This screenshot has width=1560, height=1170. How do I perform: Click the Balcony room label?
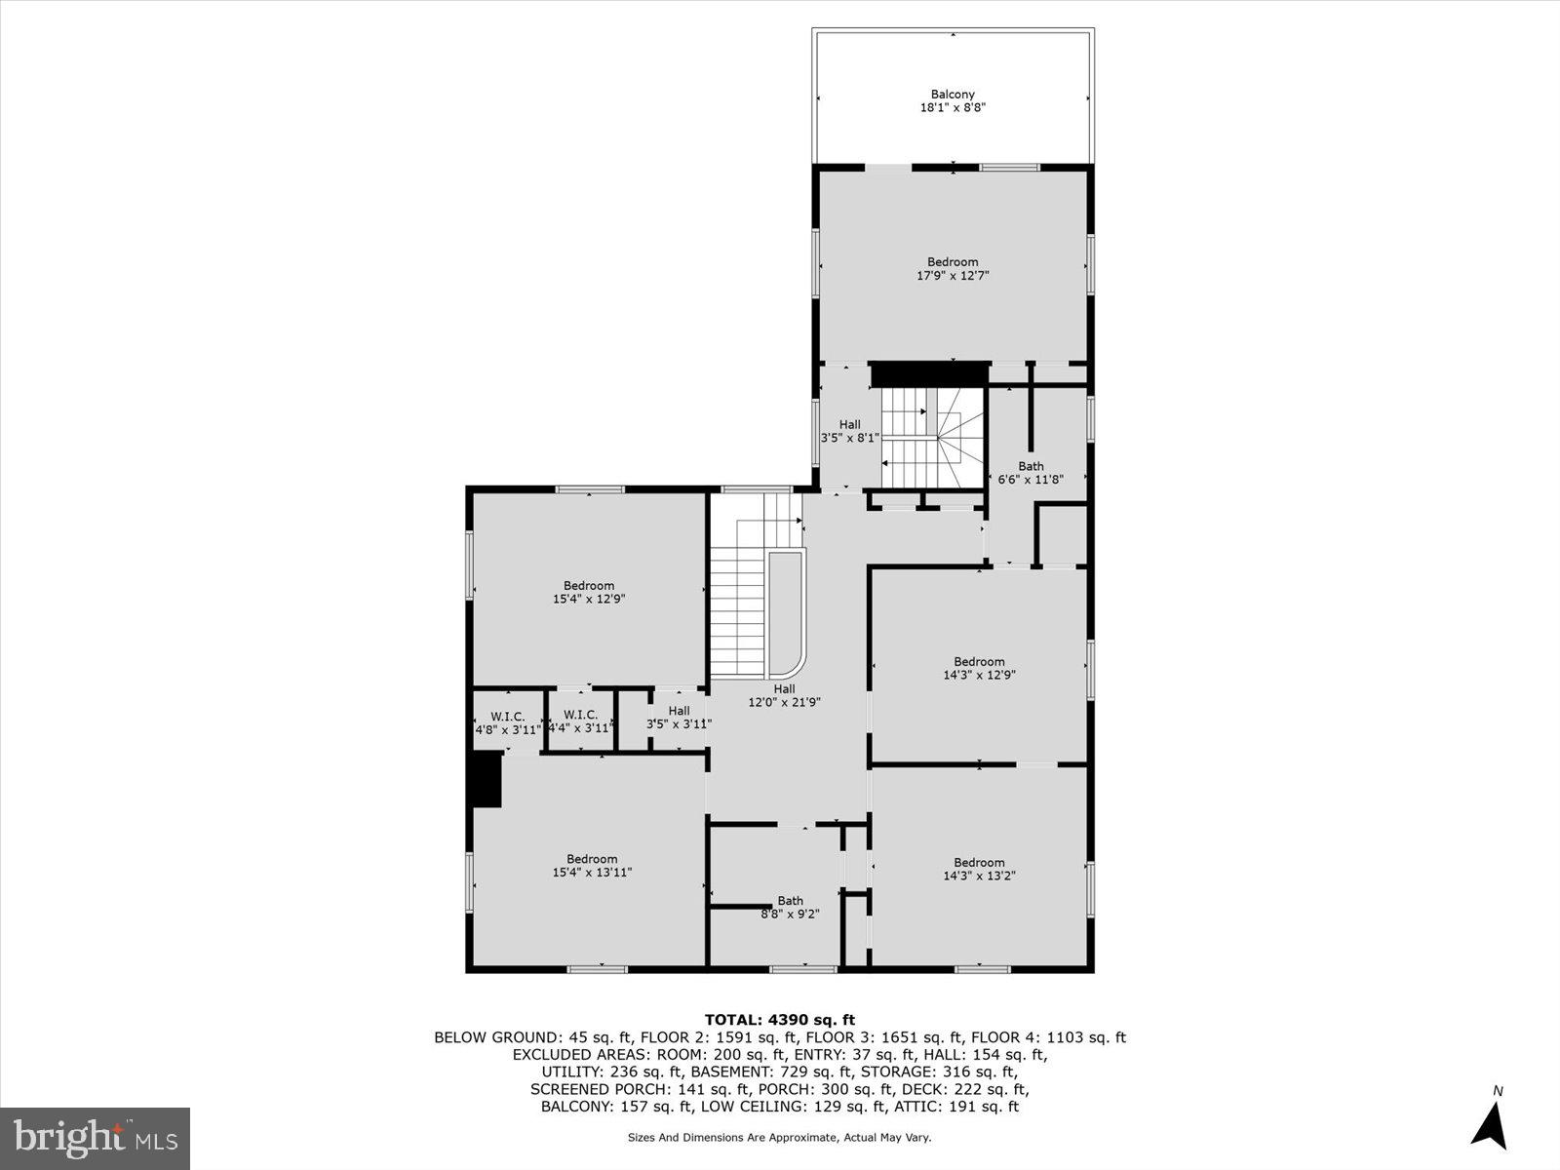pos(953,101)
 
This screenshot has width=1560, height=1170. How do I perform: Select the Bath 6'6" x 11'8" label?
pos(1031,473)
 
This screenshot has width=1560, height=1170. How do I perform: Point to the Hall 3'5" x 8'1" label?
pos(850,432)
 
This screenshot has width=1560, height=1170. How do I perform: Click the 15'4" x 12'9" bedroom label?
pos(589,593)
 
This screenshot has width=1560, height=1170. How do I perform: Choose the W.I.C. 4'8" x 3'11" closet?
pos(507,722)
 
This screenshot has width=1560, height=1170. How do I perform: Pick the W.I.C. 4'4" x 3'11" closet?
pos(580,721)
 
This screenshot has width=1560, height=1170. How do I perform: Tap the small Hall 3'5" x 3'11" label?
pos(679,718)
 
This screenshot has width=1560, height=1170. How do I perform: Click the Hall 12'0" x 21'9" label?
pos(784,695)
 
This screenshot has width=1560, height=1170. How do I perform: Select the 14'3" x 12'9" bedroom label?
pos(979,668)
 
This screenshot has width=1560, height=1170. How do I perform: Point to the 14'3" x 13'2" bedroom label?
pos(979,869)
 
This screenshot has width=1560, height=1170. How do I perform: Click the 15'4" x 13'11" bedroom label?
pos(592,866)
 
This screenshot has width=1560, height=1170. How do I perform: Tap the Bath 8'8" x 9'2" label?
pos(790,907)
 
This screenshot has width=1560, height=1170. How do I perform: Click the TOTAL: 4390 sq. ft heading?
pos(780,1020)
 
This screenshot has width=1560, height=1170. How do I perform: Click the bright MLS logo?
pos(96,1138)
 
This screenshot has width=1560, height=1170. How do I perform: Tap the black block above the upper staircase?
pos(929,374)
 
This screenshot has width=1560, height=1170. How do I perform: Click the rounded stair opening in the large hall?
pos(786,612)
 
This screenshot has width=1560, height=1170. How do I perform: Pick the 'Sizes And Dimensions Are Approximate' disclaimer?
pos(780,1137)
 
